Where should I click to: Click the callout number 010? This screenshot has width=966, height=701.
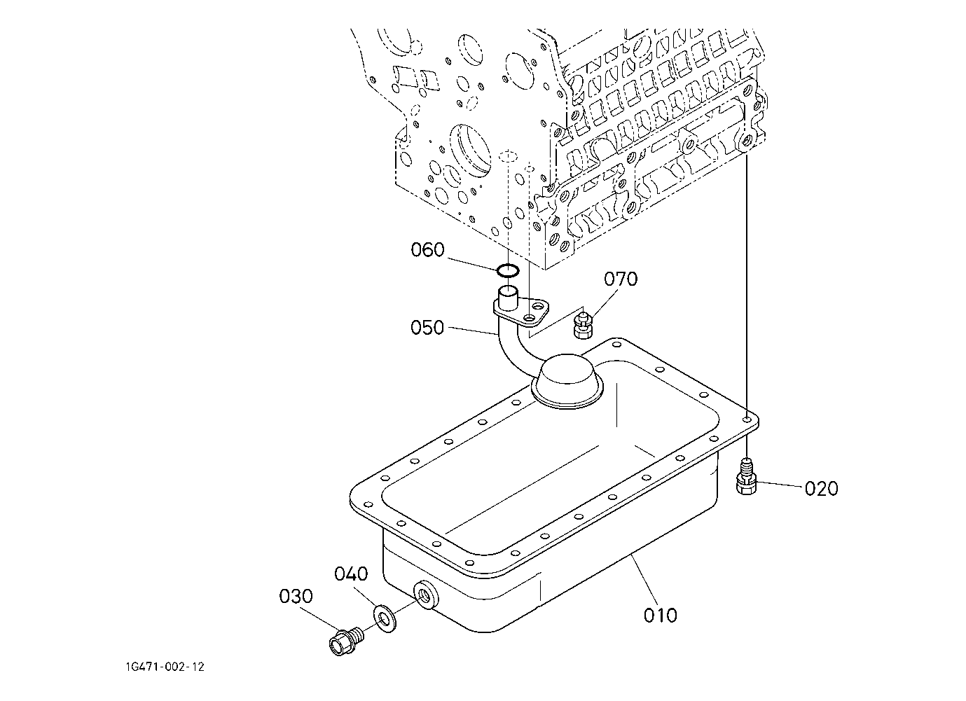click(661, 616)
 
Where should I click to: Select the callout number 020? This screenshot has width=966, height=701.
click(822, 489)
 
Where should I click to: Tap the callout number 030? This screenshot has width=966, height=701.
click(296, 597)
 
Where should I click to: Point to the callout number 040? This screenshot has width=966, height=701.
click(352, 574)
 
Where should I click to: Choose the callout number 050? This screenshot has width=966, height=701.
click(427, 328)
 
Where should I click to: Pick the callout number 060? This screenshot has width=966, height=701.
click(427, 250)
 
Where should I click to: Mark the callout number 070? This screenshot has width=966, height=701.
click(621, 279)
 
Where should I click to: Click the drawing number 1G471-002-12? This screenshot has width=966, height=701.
click(165, 667)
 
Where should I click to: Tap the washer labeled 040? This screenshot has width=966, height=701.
click(385, 619)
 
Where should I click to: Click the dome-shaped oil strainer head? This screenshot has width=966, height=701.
click(567, 382)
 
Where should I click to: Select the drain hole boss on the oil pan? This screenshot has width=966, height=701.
click(426, 595)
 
